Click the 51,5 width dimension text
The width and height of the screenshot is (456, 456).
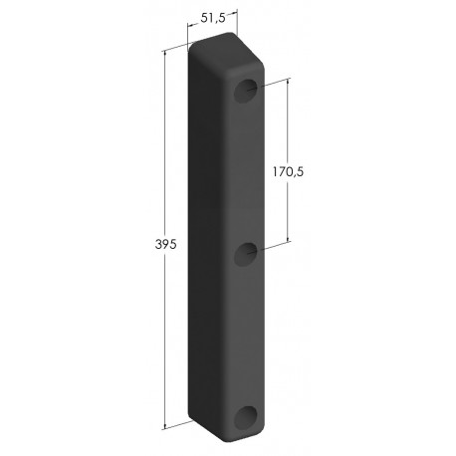point(213,17)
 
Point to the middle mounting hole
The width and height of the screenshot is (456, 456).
point(243,256)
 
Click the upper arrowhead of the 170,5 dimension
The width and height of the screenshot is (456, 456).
point(290,82)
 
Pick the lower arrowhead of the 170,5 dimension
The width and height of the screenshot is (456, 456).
point(290,240)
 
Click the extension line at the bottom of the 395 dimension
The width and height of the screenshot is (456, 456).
point(177,425)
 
